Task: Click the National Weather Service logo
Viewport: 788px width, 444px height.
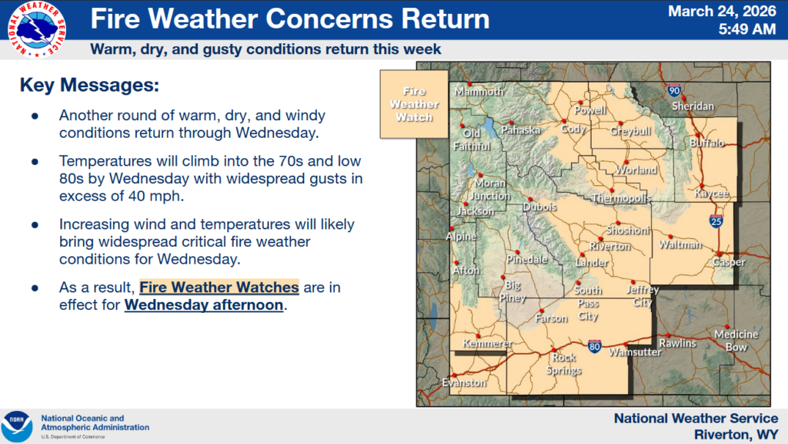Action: [x=37, y=29]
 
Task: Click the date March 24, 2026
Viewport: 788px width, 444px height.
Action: [x=722, y=12]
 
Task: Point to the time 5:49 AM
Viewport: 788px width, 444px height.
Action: [x=746, y=29]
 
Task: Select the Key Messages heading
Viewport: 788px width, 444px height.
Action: [x=89, y=85]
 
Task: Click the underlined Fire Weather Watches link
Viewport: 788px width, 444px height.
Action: [x=219, y=288]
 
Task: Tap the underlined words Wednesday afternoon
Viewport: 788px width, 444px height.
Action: [x=203, y=305]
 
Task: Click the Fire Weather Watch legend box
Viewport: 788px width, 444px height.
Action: [x=414, y=104]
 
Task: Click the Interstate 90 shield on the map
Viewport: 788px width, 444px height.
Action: [x=674, y=91]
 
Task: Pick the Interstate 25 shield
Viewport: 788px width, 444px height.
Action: [x=716, y=221]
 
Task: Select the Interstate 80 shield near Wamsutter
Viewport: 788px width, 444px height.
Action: [x=595, y=346]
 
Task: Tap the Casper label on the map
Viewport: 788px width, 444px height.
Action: [x=729, y=262]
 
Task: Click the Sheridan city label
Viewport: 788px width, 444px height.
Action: [x=693, y=106]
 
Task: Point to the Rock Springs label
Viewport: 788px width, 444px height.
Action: [x=564, y=364]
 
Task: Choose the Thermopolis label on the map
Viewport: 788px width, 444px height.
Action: [x=622, y=198]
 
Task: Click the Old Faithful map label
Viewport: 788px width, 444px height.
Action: [x=472, y=140]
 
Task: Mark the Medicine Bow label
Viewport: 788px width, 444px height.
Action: [x=736, y=341]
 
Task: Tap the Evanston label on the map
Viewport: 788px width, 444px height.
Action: [x=464, y=382]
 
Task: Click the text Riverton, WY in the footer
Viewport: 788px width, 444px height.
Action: [x=736, y=435]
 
